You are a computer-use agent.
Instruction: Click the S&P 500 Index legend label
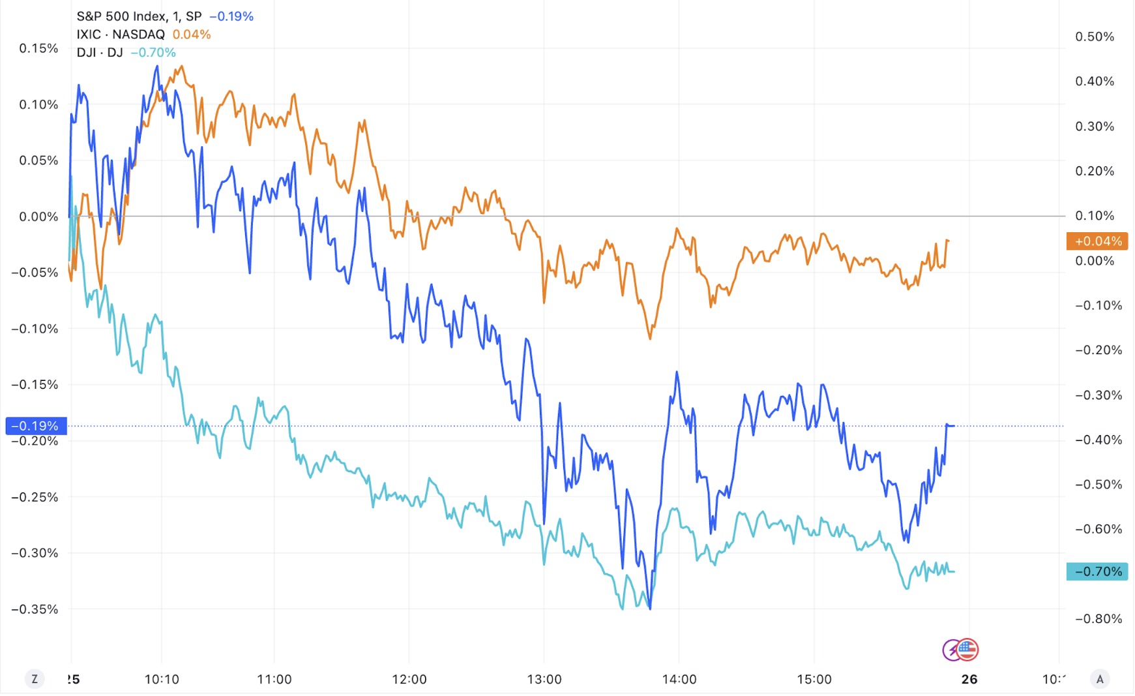coord(139,16)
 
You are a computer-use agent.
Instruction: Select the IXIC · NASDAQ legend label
coord(121,35)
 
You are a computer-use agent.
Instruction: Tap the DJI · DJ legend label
coord(100,53)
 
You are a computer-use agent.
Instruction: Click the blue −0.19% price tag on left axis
coord(36,426)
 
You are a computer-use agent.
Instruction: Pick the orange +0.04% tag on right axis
coord(1098,241)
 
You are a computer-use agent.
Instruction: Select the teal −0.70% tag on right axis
coord(1098,571)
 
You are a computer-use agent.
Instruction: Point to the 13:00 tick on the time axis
coord(544,679)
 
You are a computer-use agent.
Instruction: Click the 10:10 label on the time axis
coord(162,679)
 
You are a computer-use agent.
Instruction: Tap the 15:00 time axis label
coord(814,679)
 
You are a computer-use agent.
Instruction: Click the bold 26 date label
coord(969,679)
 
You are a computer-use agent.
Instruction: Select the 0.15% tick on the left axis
coord(38,48)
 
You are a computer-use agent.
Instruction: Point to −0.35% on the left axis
coord(35,609)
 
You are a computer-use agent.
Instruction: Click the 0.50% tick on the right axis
coord(1095,37)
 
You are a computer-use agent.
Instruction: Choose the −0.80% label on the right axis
coord(1098,618)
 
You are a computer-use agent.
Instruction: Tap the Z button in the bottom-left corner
coord(35,679)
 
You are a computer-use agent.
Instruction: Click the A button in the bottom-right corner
coord(1100,679)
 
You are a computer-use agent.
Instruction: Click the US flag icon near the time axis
coord(967,649)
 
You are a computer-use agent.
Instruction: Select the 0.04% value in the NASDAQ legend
coord(192,35)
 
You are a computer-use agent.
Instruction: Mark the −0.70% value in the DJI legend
coord(153,53)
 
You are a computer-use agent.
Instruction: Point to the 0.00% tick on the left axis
coord(38,217)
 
